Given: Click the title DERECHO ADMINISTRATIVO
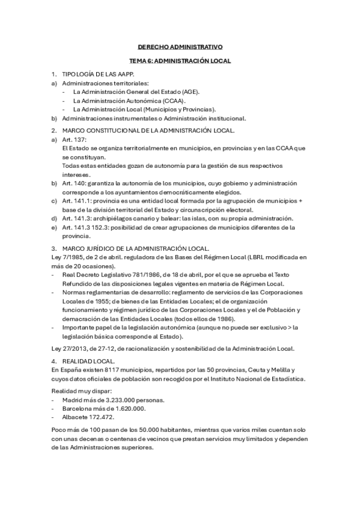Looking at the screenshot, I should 180,46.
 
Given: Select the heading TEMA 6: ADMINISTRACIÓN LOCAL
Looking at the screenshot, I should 180,61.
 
